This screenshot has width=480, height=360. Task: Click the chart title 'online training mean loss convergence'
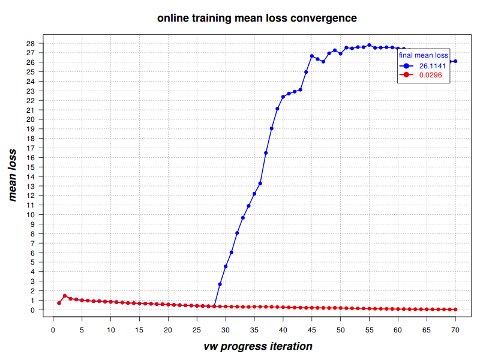(x=257, y=18)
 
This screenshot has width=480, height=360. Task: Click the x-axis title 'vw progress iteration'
(x=257, y=346)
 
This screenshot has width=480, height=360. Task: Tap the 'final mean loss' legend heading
(x=423, y=55)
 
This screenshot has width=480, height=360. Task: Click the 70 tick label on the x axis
(x=455, y=329)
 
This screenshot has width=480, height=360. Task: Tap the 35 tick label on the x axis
(x=254, y=329)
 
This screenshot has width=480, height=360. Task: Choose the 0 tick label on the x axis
(x=53, y=329)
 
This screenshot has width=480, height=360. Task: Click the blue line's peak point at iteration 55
(x=369, y=45)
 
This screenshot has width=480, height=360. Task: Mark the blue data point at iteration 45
(x=311, y=56)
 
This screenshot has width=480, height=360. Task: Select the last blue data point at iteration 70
(x=455, y=61)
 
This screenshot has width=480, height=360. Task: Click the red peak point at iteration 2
(x=64, y=295)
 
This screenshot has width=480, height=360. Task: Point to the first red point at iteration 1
(x=59, y=303)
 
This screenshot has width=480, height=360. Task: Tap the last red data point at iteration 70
(x=455, y=310)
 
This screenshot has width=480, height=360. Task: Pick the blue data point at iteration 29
(x=220, y=284)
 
